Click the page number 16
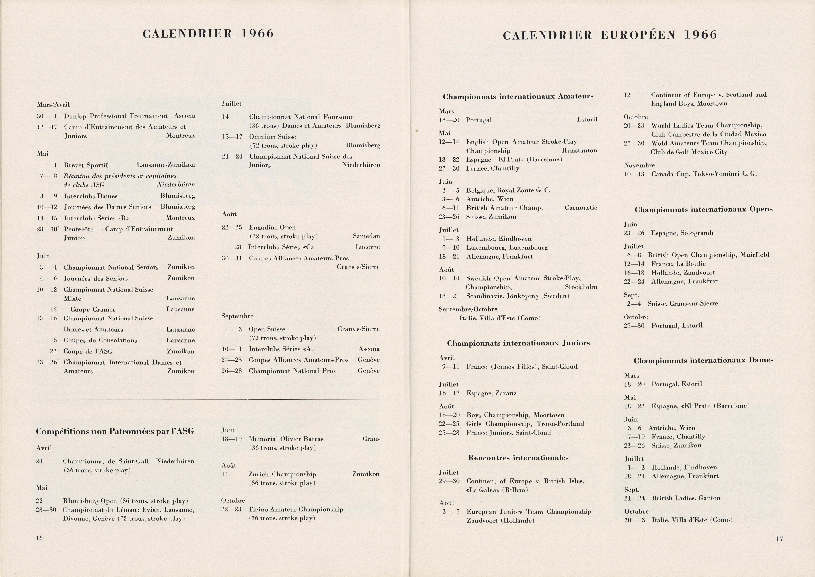coord(39,538)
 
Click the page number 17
coord(779,539)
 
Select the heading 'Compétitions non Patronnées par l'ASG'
coord(115,431)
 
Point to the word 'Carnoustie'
coord(581,207)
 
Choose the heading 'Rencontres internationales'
coord(518,458)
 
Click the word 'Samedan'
coord(366,236)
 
